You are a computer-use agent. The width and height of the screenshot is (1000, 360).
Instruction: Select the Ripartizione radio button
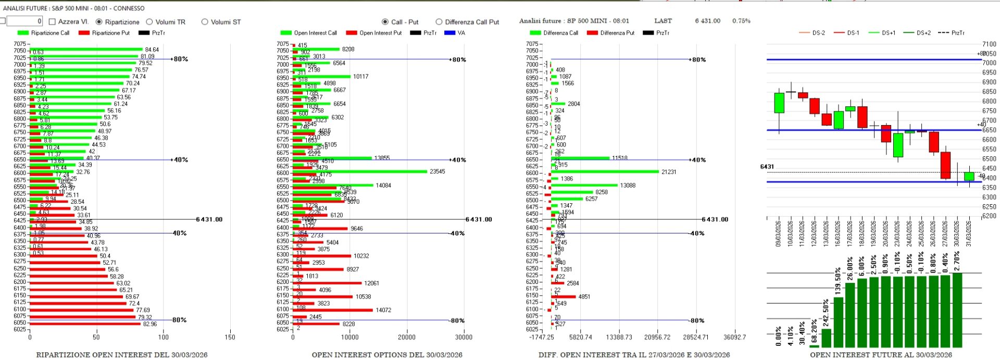99,22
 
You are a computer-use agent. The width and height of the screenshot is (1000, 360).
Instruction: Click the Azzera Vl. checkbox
52,22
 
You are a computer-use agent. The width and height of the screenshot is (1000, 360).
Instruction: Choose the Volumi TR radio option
149,22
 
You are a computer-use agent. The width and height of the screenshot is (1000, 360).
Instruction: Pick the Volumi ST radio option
205,22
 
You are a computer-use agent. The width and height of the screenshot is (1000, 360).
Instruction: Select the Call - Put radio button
385,22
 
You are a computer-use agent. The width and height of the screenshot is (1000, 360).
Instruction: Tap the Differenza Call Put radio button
439,22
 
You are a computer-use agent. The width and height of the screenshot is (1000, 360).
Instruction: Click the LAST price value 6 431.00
707,21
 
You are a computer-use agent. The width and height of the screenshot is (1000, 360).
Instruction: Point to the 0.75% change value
741,21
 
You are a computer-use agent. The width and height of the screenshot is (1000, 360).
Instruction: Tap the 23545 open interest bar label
437,171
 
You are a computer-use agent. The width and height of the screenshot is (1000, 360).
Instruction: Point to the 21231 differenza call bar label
669,172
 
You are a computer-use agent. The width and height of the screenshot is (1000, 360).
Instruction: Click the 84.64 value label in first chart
152,50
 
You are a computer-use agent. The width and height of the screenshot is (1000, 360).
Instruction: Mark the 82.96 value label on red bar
149,324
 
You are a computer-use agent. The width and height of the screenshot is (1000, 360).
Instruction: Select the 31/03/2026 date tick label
969,233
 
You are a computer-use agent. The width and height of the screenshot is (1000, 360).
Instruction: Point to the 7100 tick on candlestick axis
989,44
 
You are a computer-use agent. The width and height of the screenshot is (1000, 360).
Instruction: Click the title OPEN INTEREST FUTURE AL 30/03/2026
881,355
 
